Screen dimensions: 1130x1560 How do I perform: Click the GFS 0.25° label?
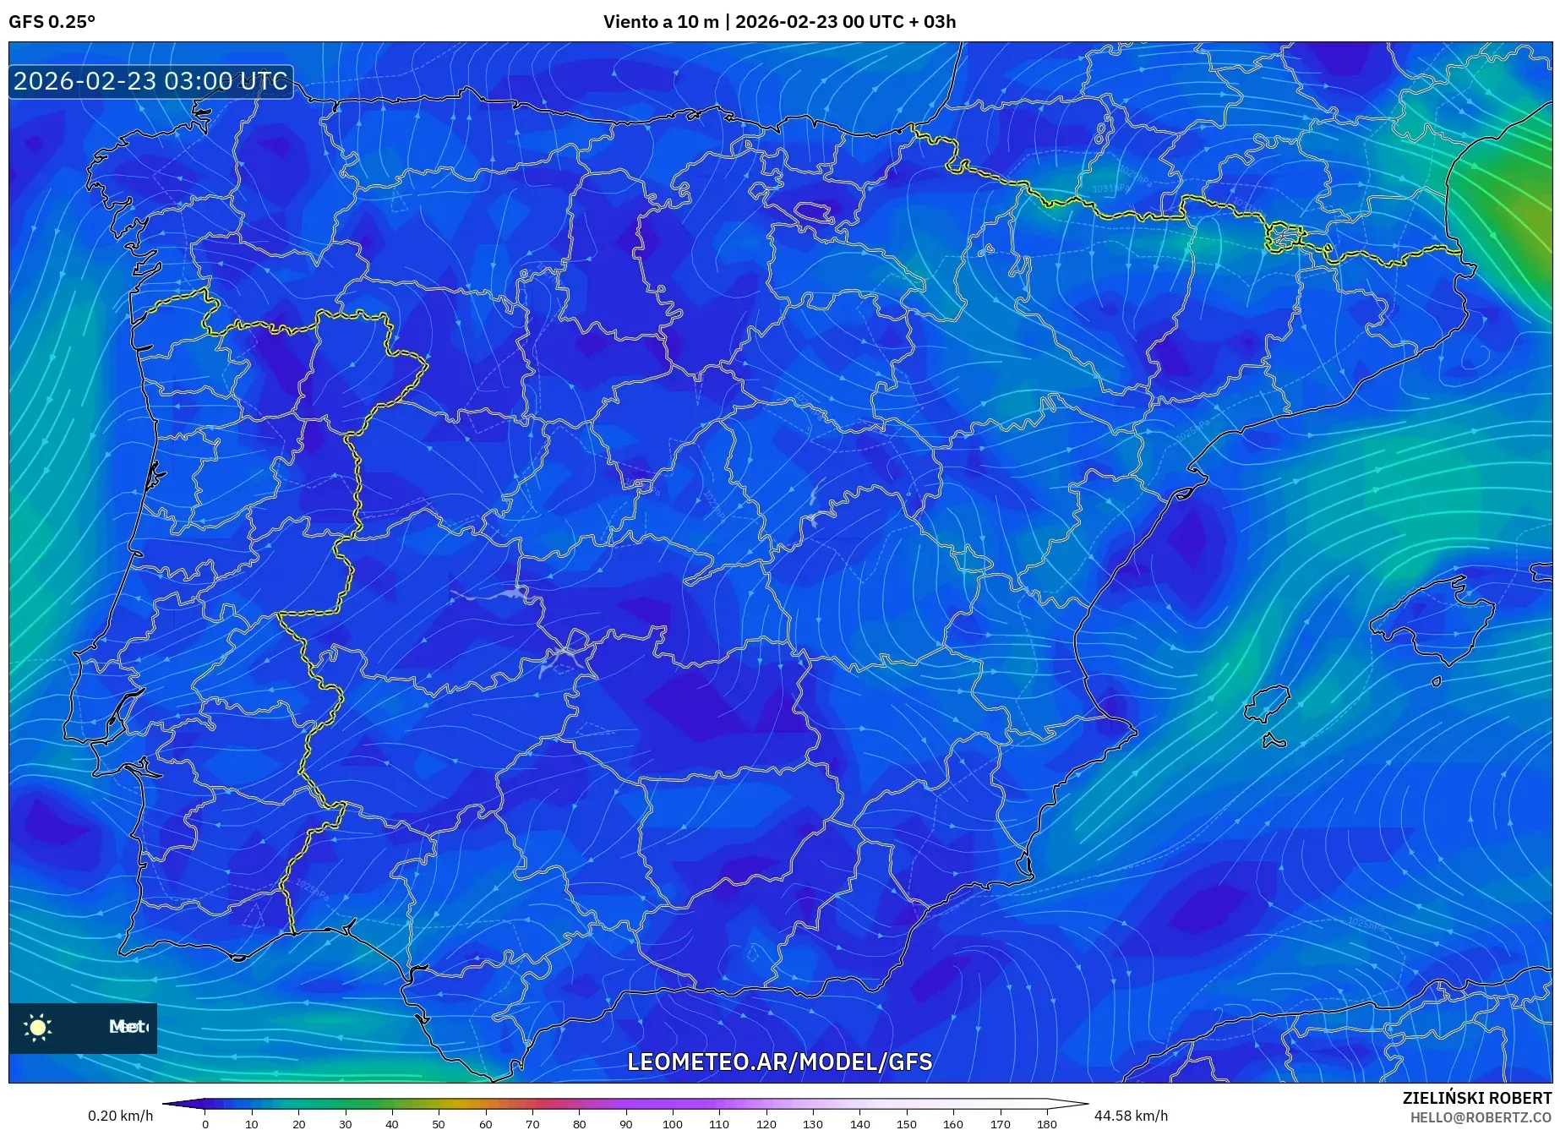click(52, 22)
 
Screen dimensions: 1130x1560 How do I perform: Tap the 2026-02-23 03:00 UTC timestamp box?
click(150, 81)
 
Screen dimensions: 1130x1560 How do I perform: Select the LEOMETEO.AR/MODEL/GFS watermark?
click(779, 1062)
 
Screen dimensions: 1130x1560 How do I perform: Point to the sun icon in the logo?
click(38, 1027)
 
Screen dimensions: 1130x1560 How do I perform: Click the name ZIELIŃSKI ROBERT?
click(1476, 1098)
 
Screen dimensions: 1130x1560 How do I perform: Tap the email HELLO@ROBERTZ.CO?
click(1480, 1117)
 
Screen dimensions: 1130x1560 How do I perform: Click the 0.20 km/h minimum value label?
click(120, 1116)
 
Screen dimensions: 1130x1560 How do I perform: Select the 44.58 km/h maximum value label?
click(1131, 1116)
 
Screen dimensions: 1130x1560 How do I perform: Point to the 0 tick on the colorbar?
click(205, 1124)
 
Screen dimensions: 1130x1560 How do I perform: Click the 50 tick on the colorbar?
click(439, 1124)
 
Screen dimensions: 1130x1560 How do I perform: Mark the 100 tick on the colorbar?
click(673, 1124)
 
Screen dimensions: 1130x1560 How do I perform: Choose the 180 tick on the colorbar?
click(1046, 1124)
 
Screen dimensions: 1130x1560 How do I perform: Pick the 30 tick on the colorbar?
click(345, 1124)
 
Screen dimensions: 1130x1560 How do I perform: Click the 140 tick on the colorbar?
click(859, 1124)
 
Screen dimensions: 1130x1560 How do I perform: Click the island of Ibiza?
click(1266, 703)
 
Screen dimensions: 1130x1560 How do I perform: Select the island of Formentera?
click(1274, 742)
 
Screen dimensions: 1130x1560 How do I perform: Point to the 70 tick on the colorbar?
click(532, 1124)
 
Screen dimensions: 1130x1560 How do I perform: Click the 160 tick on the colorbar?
click(953, 1124)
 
